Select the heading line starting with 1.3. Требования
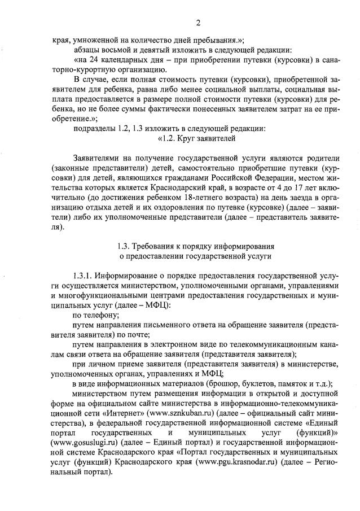(196, 246)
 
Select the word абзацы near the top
(86, 50)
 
